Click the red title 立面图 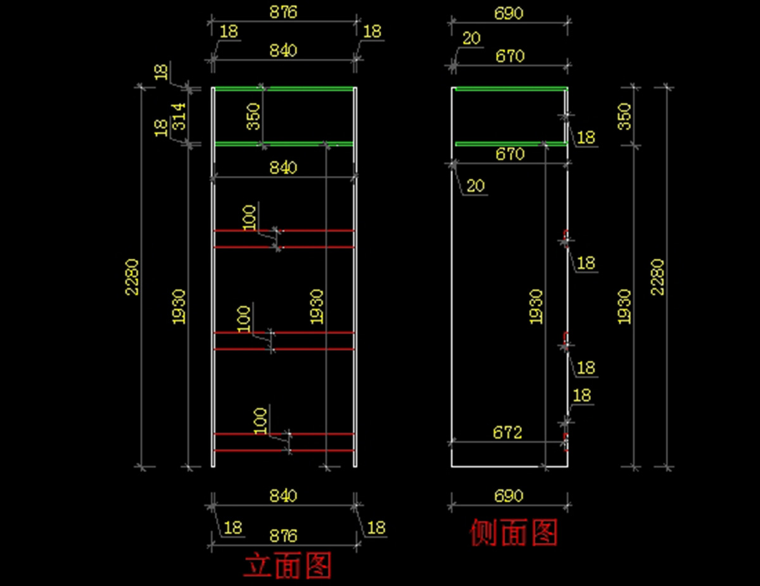pos(288,566)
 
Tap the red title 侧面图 pos(513,533)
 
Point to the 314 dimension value pos(180,116)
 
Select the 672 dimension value pos(507,432)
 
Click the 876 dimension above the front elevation pos(283,13)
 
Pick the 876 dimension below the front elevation pos(283,536)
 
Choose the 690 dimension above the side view pos(508,13)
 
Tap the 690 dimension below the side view pos(508,496)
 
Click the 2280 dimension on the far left pos(132,277)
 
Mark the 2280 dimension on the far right pos(658,277)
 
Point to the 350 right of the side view pos(624,116)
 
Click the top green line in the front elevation pos(283,88)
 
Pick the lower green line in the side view pos(510,144)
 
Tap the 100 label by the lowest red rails pos(260,421)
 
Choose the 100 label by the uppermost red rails pos(250,217)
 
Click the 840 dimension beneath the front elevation pos(283,496)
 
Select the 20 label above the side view pos(471,39)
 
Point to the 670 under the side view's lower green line pos(510,154)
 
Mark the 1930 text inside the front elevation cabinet pos(317,307)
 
